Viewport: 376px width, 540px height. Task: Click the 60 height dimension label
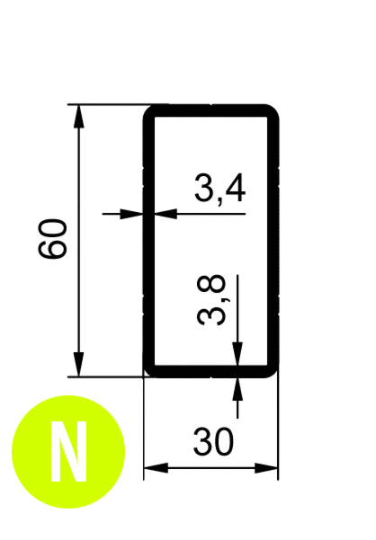coord(52,238)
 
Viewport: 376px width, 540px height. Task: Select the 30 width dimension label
coord(213,441)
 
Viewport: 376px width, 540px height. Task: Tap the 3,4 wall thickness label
coord(220,188)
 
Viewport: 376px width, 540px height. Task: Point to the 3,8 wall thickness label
coord(211,299)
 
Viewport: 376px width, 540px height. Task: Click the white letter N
coord(68,451)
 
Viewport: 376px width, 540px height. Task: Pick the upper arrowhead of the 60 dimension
coord(79,117)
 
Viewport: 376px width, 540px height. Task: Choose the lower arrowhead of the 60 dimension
coord(79,365)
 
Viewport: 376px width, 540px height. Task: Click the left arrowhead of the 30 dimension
coord(156,468)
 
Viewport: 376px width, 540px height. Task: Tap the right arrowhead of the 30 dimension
coord(266,468)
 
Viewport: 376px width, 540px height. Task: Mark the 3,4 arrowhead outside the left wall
coord(131,214)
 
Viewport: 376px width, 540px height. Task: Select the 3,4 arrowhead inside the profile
coord(166,214)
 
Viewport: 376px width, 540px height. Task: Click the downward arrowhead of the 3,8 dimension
coord(237,353)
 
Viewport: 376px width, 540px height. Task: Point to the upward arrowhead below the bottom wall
coord(237,389)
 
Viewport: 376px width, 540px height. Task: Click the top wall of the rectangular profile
coord(210,111)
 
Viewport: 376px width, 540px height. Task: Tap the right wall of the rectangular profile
coord(273,241)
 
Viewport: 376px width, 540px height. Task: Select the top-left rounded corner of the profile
coord(149,111)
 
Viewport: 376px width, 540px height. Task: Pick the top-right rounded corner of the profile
coord(273,111)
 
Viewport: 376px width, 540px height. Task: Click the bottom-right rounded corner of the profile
coord(273,371)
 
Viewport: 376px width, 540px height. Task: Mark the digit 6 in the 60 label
coord(52,248)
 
